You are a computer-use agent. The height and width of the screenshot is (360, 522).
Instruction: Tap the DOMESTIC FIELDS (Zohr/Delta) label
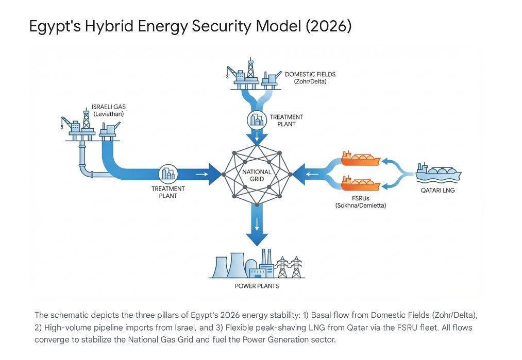pos(310,78)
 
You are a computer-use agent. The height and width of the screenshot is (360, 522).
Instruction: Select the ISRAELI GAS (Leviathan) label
pos(109,110)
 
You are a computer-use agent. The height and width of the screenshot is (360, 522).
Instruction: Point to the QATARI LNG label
pos(437,190)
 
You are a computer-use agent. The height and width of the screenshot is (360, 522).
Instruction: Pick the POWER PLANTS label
pos(257,286)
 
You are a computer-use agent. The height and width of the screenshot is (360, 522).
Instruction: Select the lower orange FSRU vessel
pos(361,182)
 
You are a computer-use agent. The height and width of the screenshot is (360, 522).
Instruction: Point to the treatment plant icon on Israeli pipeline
pos(168,174)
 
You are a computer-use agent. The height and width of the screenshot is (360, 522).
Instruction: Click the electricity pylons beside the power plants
pos(289,267)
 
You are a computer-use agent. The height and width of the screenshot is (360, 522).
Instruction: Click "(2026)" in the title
pos(328,26)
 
